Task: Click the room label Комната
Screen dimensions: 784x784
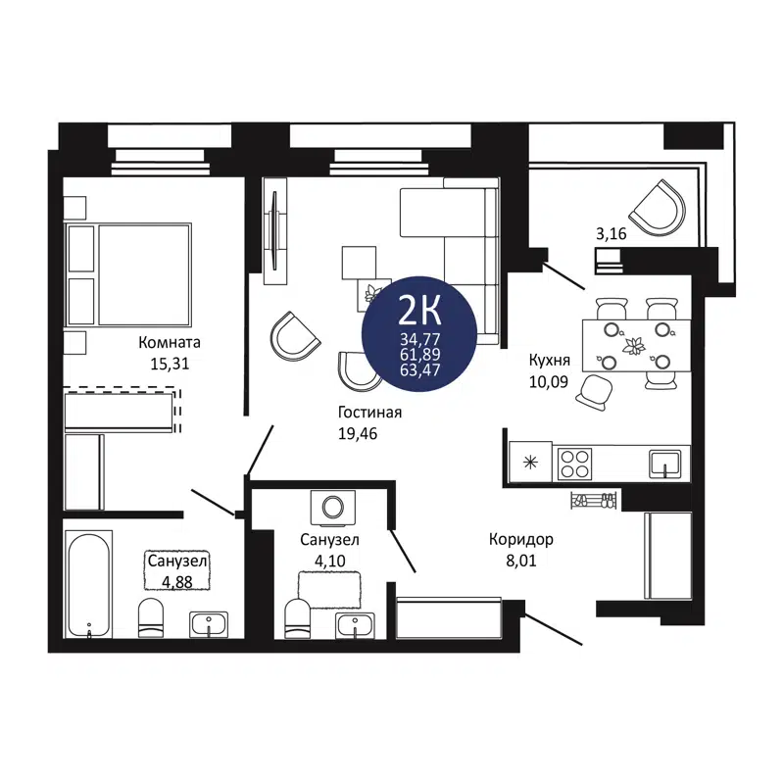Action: tap(170, 343)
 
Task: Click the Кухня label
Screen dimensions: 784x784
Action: tap(550, 359)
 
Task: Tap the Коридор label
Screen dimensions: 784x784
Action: tap(522, 540)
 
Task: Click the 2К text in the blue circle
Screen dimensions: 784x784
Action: tap(419, 312)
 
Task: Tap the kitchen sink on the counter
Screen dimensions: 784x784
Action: tap(666, 460)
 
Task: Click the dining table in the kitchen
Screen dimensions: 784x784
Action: tap(635, 345)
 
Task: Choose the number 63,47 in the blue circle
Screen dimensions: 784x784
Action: tap(419, 370)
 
